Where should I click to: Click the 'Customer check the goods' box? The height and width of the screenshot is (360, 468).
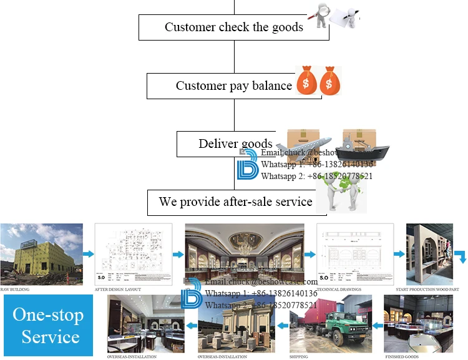tap(233, 27)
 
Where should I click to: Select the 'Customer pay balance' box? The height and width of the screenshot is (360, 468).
tap(233, 85)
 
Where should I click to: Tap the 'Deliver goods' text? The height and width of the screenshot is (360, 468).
tap(235, 144)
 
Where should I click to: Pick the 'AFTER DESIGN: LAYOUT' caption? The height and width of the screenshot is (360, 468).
tap(118, 289)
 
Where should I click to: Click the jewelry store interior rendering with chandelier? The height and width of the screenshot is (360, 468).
tap(245, 252)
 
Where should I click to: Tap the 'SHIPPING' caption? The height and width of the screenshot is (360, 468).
tap(298, 356)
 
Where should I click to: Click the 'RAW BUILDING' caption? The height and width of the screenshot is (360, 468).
tap(15, 289)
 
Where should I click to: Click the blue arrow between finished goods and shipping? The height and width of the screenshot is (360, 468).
tap(376, 326)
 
